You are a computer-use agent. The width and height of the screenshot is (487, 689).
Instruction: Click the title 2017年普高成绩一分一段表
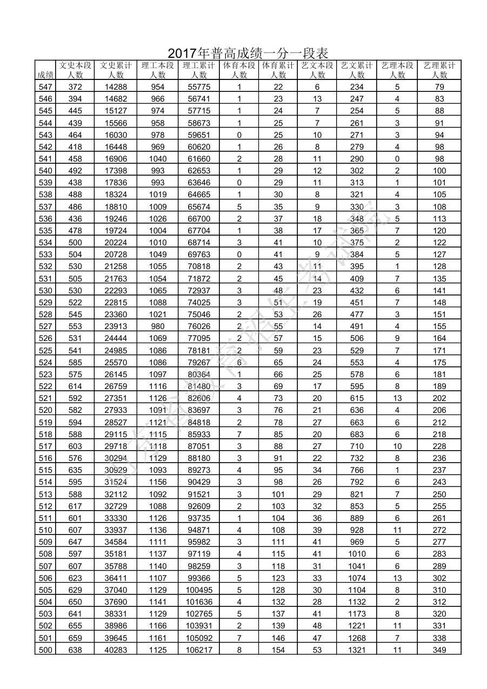pyautogui.click(x=248, y=53)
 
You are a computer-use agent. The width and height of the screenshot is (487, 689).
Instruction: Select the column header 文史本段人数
pyautogui.click(x=75, y=70)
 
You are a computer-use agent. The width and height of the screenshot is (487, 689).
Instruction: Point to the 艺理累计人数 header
pyautogui.click(x=439, y=70)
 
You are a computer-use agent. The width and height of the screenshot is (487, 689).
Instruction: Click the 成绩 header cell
pyautogui.click(x=45, y=75)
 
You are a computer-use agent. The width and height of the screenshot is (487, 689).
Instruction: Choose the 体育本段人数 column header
pyautogui.click(x=239, y=70)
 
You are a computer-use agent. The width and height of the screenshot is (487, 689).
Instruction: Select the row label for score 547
pyautogui.click(x=45, y=87)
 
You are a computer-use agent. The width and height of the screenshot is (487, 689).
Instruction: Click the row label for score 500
pyautogui.click(x=45, y=650)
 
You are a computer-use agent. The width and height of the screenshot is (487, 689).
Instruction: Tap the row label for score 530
pyautogui.click(x=45, y=291)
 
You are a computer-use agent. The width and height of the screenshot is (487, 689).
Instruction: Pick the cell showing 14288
pyautogui.click(x=116, y=87)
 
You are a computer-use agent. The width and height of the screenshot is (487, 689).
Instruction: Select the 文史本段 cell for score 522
pyautogui.click(x=75, y=386)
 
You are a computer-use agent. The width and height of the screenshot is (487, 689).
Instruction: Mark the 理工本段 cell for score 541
pyautogui.click(x=157, y=159)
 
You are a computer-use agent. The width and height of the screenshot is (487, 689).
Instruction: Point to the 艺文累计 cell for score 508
pyautogui.click(x=357, y=554)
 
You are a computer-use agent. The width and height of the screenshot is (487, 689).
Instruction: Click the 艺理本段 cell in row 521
pyautogui.click(x=397, y=398)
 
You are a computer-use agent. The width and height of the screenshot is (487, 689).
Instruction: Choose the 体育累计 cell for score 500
pyautogui.click(x=278, y=650)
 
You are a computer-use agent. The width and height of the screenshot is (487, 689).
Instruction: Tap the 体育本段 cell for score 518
pyautogui.click(x=239, y=434)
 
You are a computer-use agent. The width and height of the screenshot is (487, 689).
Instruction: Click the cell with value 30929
pyautogui.click(x=116, y=470)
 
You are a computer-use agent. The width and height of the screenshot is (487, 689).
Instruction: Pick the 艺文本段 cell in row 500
pyautogui.click(x=317, y=650)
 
